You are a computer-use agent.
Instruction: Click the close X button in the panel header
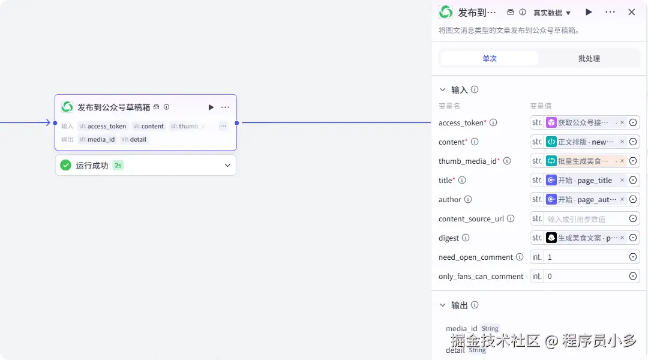[631, 12]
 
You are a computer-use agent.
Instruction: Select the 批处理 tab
[589, 59]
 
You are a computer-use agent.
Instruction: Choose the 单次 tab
[490, 59]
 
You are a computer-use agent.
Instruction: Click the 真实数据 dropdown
[552, 13]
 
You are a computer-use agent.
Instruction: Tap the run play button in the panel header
[589, 12]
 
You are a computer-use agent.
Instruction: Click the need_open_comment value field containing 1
[585, 257]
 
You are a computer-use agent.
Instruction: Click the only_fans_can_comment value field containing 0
[585, 276]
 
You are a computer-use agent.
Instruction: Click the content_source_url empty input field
[585, 218]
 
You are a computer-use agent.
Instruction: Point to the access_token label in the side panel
[461, 123]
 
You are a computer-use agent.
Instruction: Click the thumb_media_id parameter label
[468, 161]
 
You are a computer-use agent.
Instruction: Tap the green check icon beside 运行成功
[66, 165]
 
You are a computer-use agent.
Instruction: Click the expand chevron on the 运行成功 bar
[227, 166]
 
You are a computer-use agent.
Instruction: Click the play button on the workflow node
[211, 107]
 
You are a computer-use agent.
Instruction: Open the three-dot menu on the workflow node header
[225, 107]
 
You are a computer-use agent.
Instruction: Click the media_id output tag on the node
[97, 139]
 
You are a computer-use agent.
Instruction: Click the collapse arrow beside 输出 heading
[443, 305]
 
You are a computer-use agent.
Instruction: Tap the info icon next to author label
[468, 199]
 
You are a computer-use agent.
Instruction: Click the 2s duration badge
[118, 165]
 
